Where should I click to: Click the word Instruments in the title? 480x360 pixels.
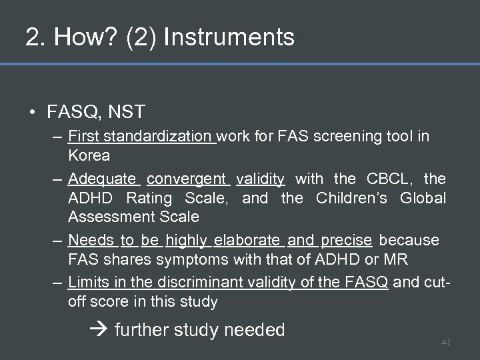pyautogui.click(x=229, y=37)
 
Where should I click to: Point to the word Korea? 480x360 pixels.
pyautogui.click(x=89, y=155)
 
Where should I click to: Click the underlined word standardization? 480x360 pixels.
pyautogui.click(x=158, y=137)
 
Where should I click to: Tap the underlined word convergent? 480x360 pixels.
pyautogui.click(x=187, y=179)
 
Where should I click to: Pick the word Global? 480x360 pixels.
pyautogui.click(x=423, y=198)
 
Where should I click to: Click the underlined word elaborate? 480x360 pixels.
pyautogui.click(x=247, y=240)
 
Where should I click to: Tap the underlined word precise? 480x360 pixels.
pyautogui.click(x=346, y=240)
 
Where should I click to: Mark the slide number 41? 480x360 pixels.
pyautogui.click(x=446, y=342)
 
